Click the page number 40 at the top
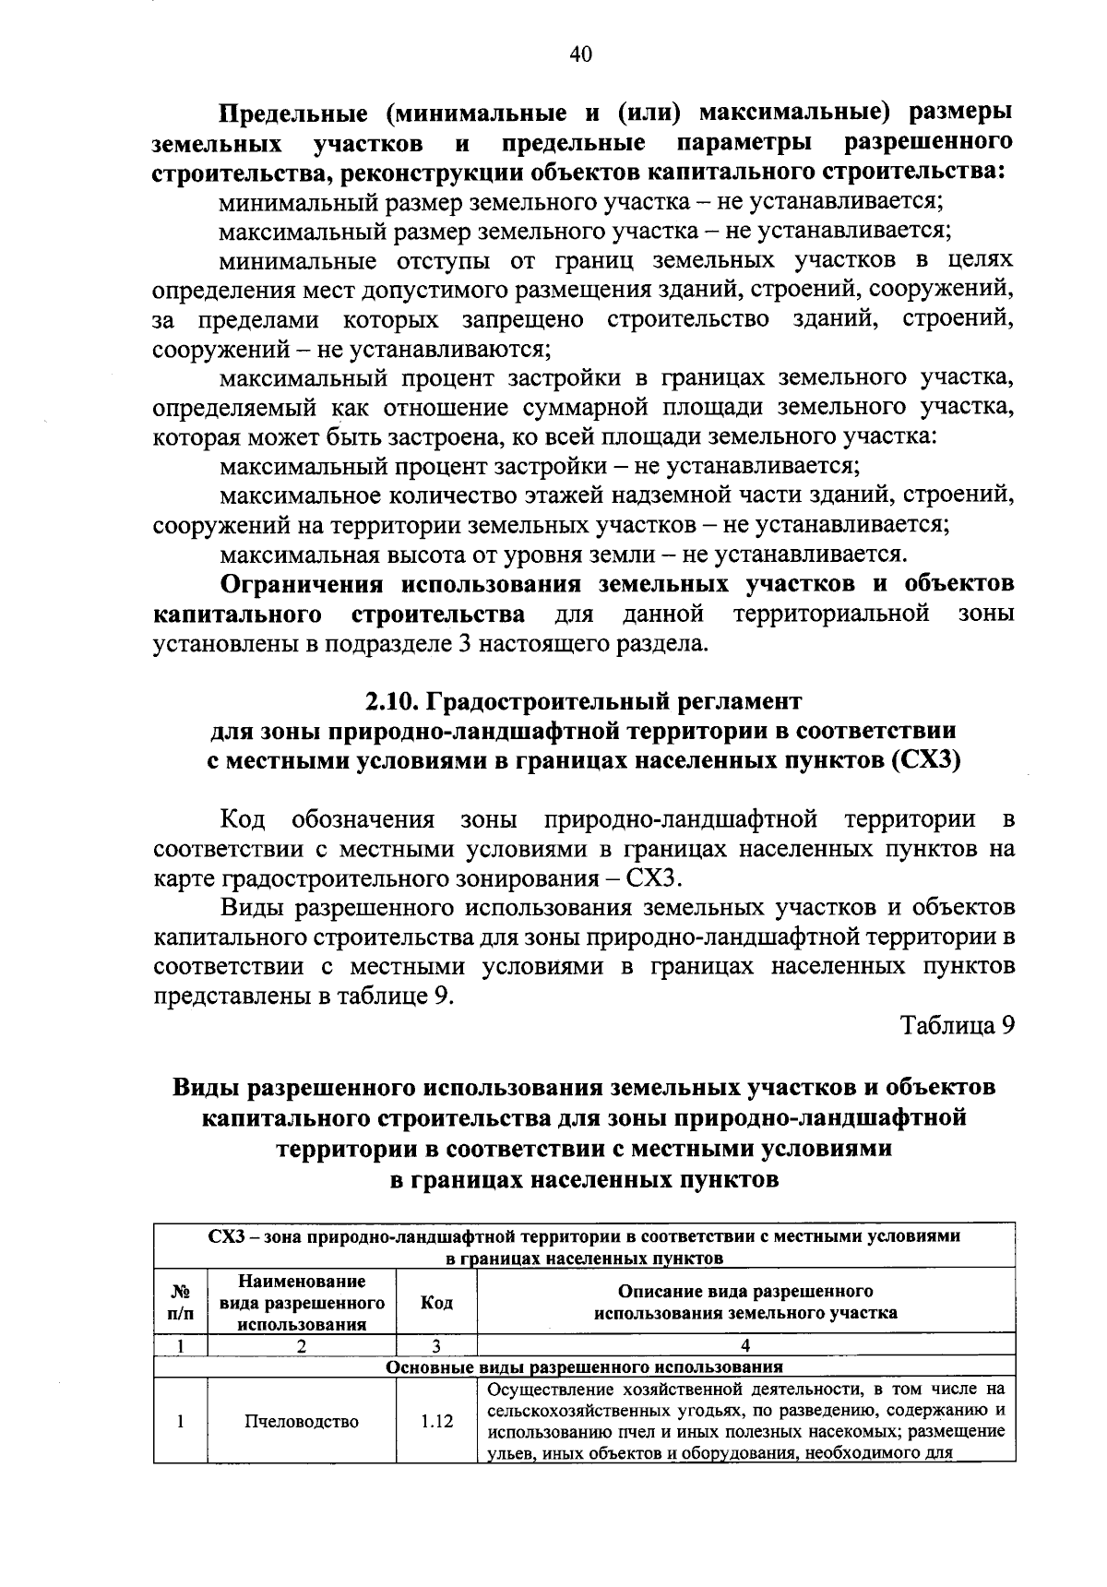(x=580, y=54)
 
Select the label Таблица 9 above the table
(x=958, y=1026)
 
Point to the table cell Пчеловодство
(x=302, y=1422)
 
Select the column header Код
(x=435, y=1303)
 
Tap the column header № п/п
(x=181, y=1303)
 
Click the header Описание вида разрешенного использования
(x=745, y=1302)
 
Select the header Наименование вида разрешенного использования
(x=302, y=1303)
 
